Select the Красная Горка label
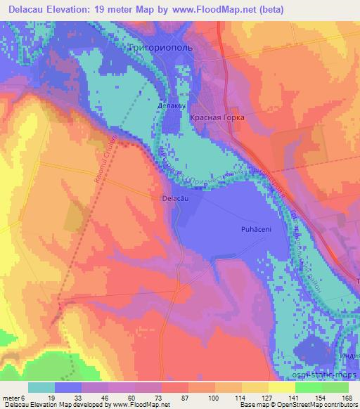click(x=217, y=118)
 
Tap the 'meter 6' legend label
click(x=13, y=397)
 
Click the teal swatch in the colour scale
click(x=41, y=387)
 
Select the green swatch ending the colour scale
click(x=335, y=387)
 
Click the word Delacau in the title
click(x=25, y=10)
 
